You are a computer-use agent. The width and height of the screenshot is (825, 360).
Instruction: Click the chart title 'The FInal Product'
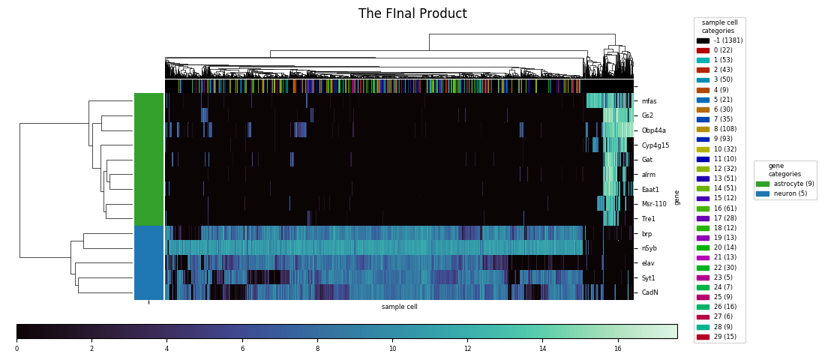point(412,14)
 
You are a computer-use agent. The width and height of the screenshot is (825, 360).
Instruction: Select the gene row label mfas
point(649,101)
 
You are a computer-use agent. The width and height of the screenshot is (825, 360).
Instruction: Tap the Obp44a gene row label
point(653,130)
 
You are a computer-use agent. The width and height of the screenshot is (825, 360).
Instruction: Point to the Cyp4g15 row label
point(655,145)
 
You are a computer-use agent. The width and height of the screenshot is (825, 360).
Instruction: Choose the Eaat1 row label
point(649,190)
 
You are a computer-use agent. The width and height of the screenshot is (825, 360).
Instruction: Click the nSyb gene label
point(649,248)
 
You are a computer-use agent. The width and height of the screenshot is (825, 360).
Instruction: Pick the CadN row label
point(649,292)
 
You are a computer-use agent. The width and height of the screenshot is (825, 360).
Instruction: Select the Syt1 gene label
point(648,278)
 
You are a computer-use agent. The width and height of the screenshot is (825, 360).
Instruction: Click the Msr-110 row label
point(653,204)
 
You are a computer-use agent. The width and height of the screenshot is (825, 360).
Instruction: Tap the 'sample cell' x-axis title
point(399,307)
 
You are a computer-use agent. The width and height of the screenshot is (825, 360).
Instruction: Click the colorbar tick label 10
point(391,349)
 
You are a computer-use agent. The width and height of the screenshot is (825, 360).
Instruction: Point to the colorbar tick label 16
point(617,349)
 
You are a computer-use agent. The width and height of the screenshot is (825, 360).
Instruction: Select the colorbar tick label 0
point(16,349)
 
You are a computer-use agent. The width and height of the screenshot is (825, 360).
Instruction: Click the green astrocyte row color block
point(148,159)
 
